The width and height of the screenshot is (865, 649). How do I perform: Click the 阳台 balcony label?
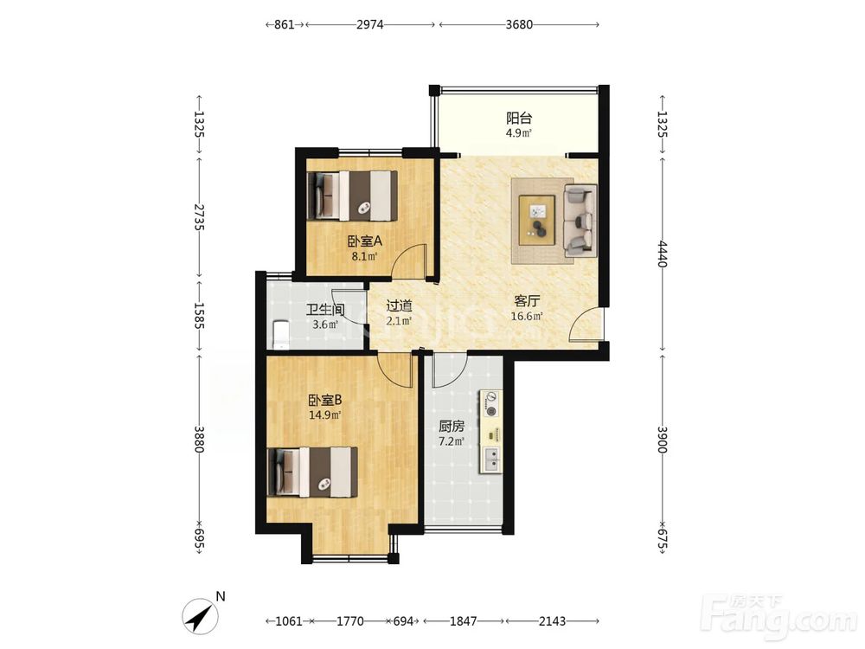pos(519,118)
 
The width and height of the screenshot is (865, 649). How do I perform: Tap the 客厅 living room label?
pos(527,301)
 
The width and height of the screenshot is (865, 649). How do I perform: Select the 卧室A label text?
pos(365,241)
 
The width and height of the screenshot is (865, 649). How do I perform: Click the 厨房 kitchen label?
pos(452,426)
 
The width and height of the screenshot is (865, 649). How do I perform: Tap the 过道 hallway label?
pos(399,305)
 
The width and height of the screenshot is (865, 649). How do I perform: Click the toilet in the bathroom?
pos(280,334)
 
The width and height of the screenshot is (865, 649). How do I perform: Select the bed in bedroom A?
pos(352,196)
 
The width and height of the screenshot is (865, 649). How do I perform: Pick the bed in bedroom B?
pos(312,472)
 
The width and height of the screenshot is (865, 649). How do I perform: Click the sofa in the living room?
pos(580,220)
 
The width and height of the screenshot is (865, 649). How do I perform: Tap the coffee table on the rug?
pos(537,219)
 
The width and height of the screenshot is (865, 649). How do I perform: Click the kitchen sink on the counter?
pos(490,459)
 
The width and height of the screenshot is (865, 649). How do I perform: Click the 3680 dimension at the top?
pos(519,24)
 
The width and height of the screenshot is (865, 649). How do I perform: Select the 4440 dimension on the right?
pos(663,254)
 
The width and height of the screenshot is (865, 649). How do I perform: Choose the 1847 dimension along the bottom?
pos(463,620)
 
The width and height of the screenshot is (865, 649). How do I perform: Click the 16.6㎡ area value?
pos(527,316)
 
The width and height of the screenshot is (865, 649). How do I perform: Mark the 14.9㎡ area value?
pos(325,415)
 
